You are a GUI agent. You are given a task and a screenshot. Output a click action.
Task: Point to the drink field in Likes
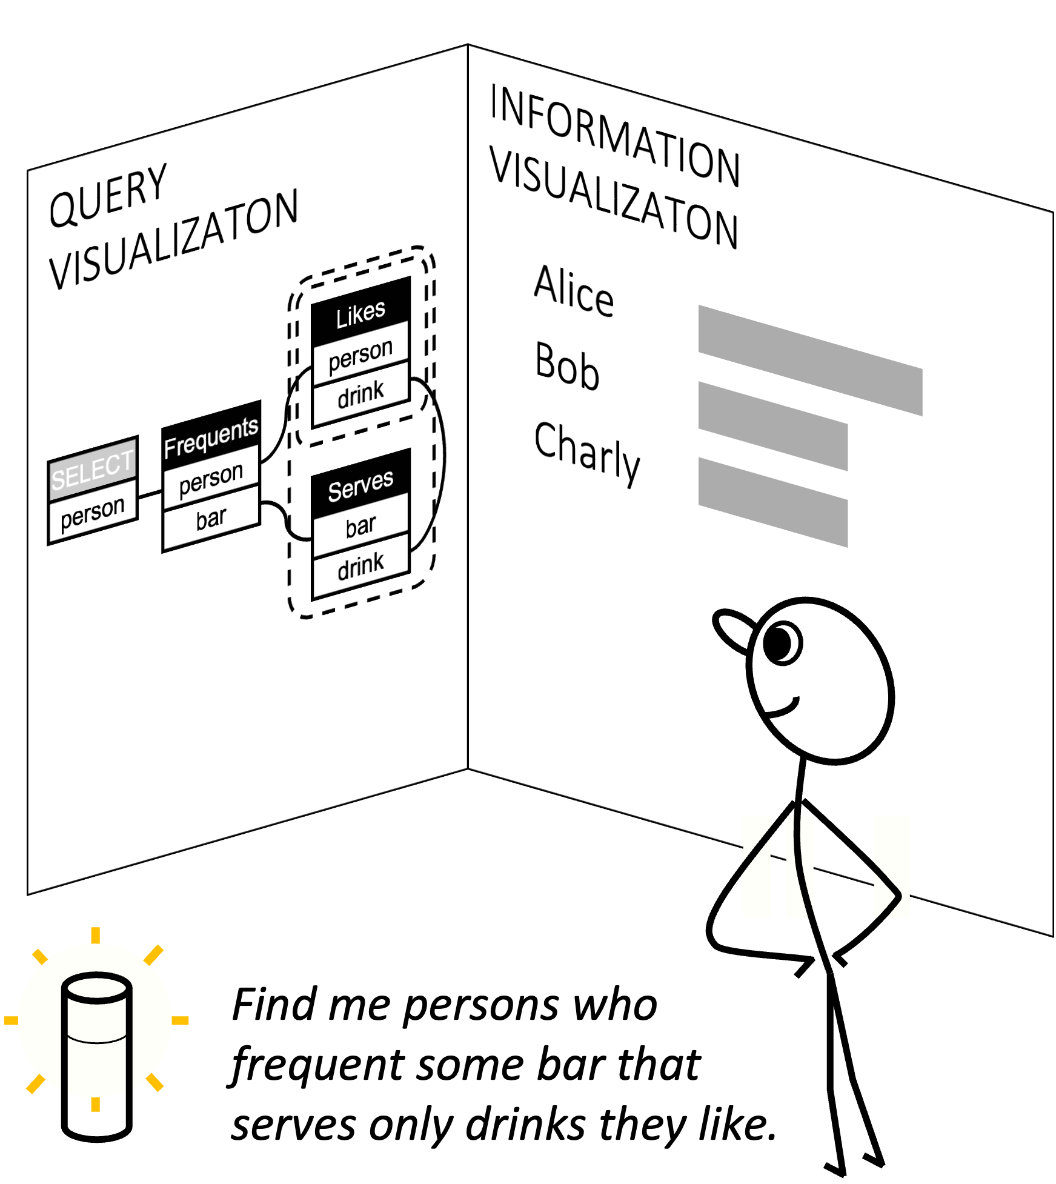pyautogui.click(x=360, y=394)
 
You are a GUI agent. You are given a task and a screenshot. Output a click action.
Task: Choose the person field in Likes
pyautogui.click(x=360, y=355)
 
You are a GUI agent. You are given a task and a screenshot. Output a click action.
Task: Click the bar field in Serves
pyautogui.click(x=360, y=526)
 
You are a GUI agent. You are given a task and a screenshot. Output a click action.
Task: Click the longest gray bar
pyautogui.click(x=810, y=361)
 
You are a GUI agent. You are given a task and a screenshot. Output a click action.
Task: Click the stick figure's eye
pyautogui.click(x=781, y=643)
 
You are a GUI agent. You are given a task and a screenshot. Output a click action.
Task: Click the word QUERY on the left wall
pyautogui.click(x=108, y=197)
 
